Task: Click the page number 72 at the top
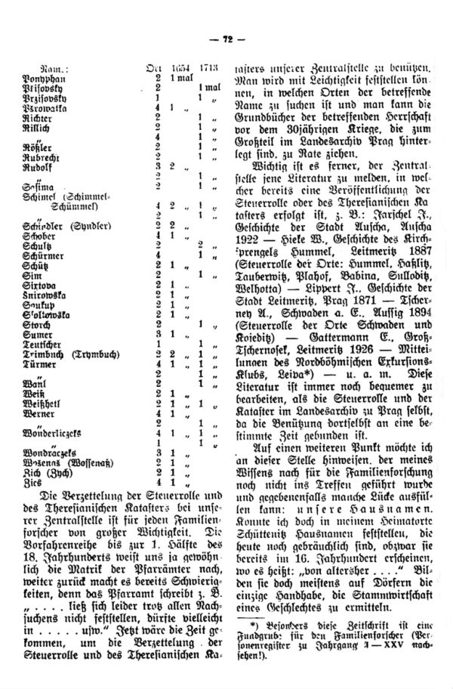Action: tap(226, 39)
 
